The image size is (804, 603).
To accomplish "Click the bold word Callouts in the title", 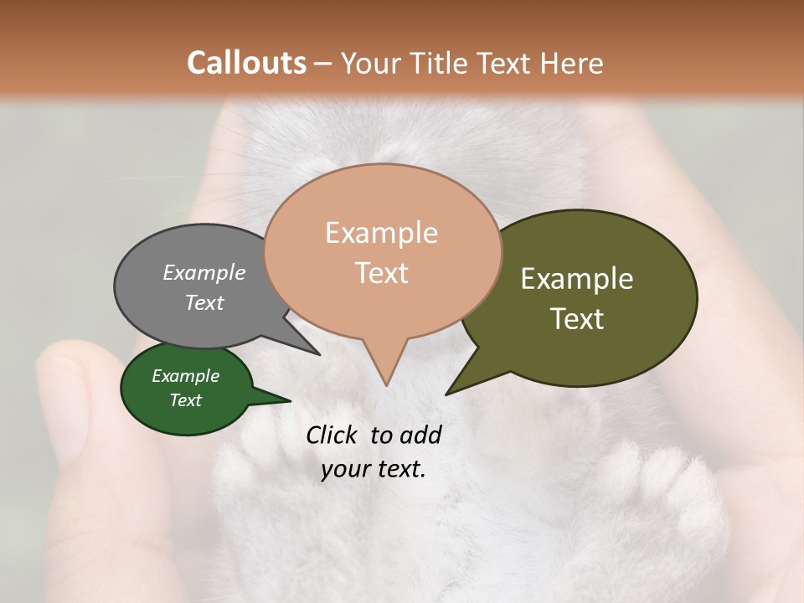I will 246,63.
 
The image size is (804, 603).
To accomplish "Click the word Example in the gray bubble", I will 204,272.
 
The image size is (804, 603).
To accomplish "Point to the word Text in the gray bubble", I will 204,302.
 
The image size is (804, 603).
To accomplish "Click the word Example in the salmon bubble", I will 381,233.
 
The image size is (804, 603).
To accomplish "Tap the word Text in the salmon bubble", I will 381,273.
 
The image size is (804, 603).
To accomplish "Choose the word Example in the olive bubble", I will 577,278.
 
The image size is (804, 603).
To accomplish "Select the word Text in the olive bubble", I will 577,319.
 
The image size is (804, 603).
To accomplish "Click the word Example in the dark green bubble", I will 185,376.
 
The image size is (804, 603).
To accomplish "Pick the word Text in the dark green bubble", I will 185,400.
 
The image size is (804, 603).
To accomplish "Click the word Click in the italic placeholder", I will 335,435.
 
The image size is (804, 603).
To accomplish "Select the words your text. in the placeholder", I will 374,469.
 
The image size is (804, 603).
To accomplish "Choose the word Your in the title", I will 371,63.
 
